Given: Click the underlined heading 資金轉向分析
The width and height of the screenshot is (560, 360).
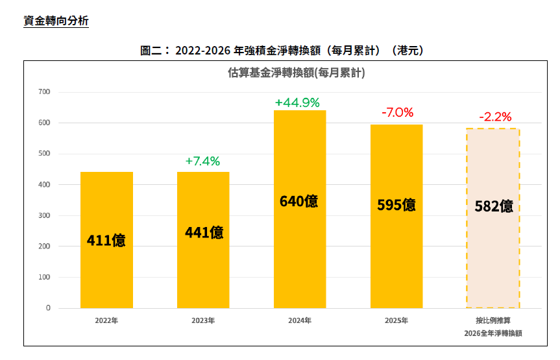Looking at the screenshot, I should (x=56, y=21).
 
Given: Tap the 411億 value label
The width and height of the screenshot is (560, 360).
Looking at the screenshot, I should (x=106, y=241).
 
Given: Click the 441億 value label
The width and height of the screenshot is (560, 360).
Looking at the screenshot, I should (x=203, y=232).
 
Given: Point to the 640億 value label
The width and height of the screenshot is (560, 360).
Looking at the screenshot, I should (x=299, y=201).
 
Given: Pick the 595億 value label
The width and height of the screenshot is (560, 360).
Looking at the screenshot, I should (x=396, y=205).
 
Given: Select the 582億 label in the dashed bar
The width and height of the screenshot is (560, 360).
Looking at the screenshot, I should (x=493, y=206).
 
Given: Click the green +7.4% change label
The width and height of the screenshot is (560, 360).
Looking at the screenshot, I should (x=202, y=161).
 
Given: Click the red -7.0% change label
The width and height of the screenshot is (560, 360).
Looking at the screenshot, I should (x=396, y=112).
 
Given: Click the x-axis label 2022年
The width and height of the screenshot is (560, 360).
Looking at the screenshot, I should (x=106, y=320).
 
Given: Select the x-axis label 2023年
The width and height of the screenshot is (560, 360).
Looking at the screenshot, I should (x=203, y=320).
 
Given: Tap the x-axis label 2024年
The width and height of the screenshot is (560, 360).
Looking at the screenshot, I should (x=299, y=320).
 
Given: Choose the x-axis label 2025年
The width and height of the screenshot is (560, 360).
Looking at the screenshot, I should (x=396, y=320).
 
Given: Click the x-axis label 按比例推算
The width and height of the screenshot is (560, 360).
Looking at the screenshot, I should (x=493, y=320).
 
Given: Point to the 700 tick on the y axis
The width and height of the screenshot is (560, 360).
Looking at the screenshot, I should (x=44, y=91).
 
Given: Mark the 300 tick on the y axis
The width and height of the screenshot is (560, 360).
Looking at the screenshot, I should (x=44, y=215).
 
